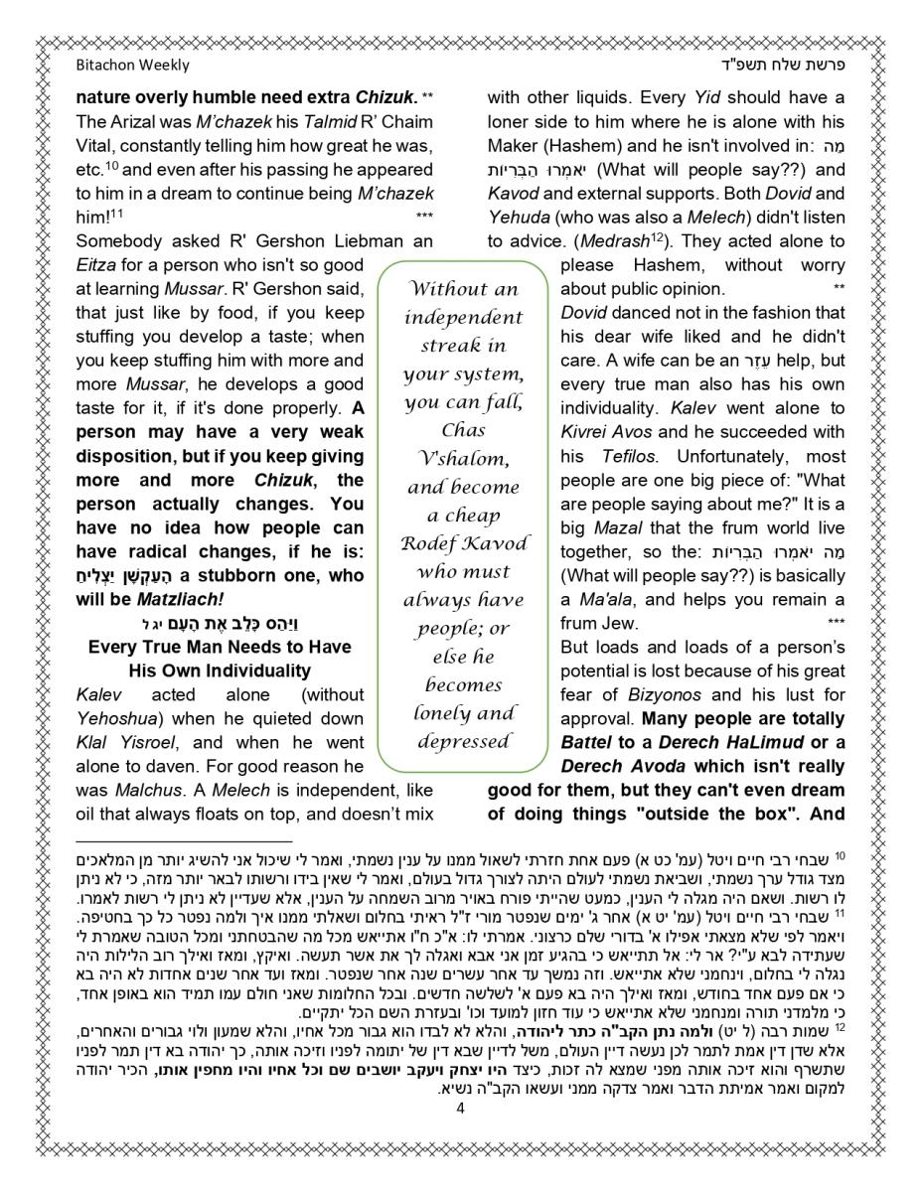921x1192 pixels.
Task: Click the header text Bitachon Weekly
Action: point(132,66)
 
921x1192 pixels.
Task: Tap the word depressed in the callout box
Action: point(463,741)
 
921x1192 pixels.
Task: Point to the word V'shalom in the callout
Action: point(463,459)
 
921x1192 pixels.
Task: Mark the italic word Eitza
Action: point(97,265)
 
